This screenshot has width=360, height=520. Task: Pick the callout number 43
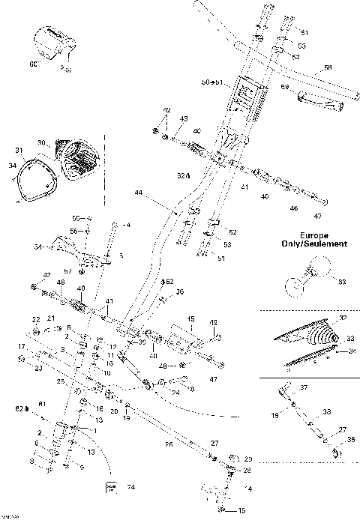pos(184,119)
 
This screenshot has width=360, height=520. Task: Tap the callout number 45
pos(190,317)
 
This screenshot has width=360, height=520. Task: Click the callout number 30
pos(41,141)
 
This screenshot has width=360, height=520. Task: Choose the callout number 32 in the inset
pos(343,318)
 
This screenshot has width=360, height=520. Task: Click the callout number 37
pos(304,387)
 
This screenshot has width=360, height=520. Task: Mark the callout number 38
pos(327,411)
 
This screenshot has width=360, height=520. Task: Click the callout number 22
pos(34,320)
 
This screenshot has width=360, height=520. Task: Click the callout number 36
pos(179,291)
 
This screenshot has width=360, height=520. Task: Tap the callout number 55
pos(75,217)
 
